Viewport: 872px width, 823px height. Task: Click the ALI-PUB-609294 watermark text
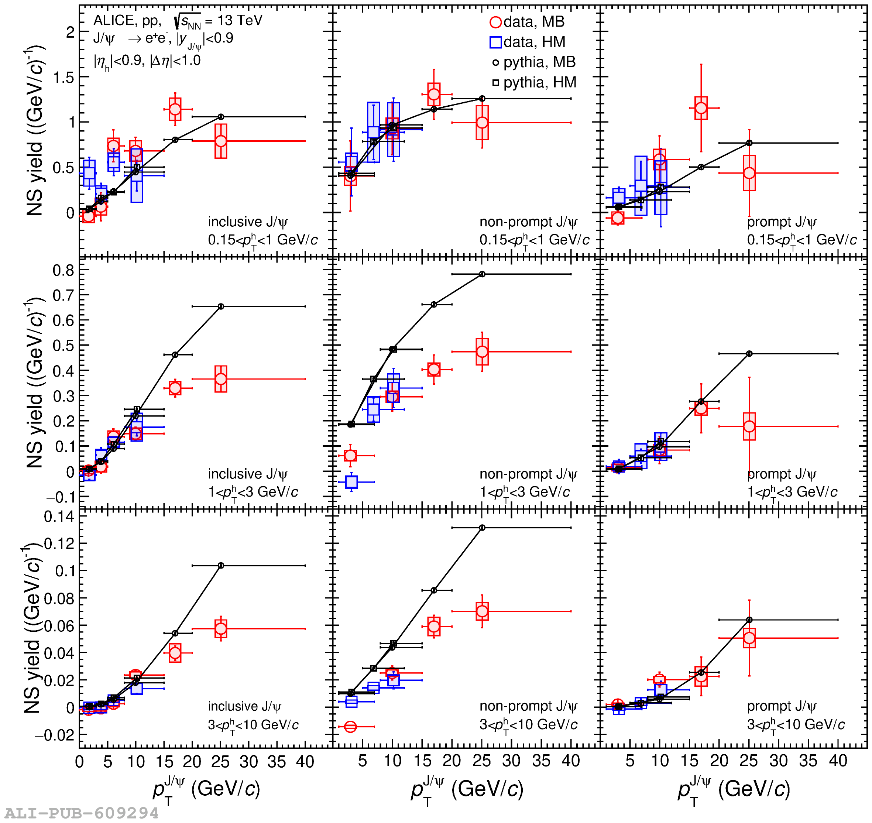point(82,813)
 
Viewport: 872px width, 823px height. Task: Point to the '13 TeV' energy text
point(240,20)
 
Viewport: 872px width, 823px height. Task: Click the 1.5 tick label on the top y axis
point(64,77)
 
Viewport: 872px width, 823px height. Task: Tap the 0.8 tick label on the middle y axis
point(63,270)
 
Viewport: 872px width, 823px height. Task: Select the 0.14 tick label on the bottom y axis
point(59,517)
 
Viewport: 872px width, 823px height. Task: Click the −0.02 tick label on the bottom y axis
point(55,735)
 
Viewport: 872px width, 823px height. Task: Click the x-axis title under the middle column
point(467,790)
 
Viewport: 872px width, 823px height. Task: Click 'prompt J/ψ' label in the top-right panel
point(782,222)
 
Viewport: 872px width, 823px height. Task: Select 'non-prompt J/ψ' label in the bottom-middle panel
point(529,706)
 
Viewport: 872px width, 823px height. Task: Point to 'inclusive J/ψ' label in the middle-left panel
point(248,474)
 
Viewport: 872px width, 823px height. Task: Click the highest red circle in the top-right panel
point(701,108)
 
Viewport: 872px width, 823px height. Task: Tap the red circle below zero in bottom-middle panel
point(350,727)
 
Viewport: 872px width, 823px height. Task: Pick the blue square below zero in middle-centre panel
point(351,482)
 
